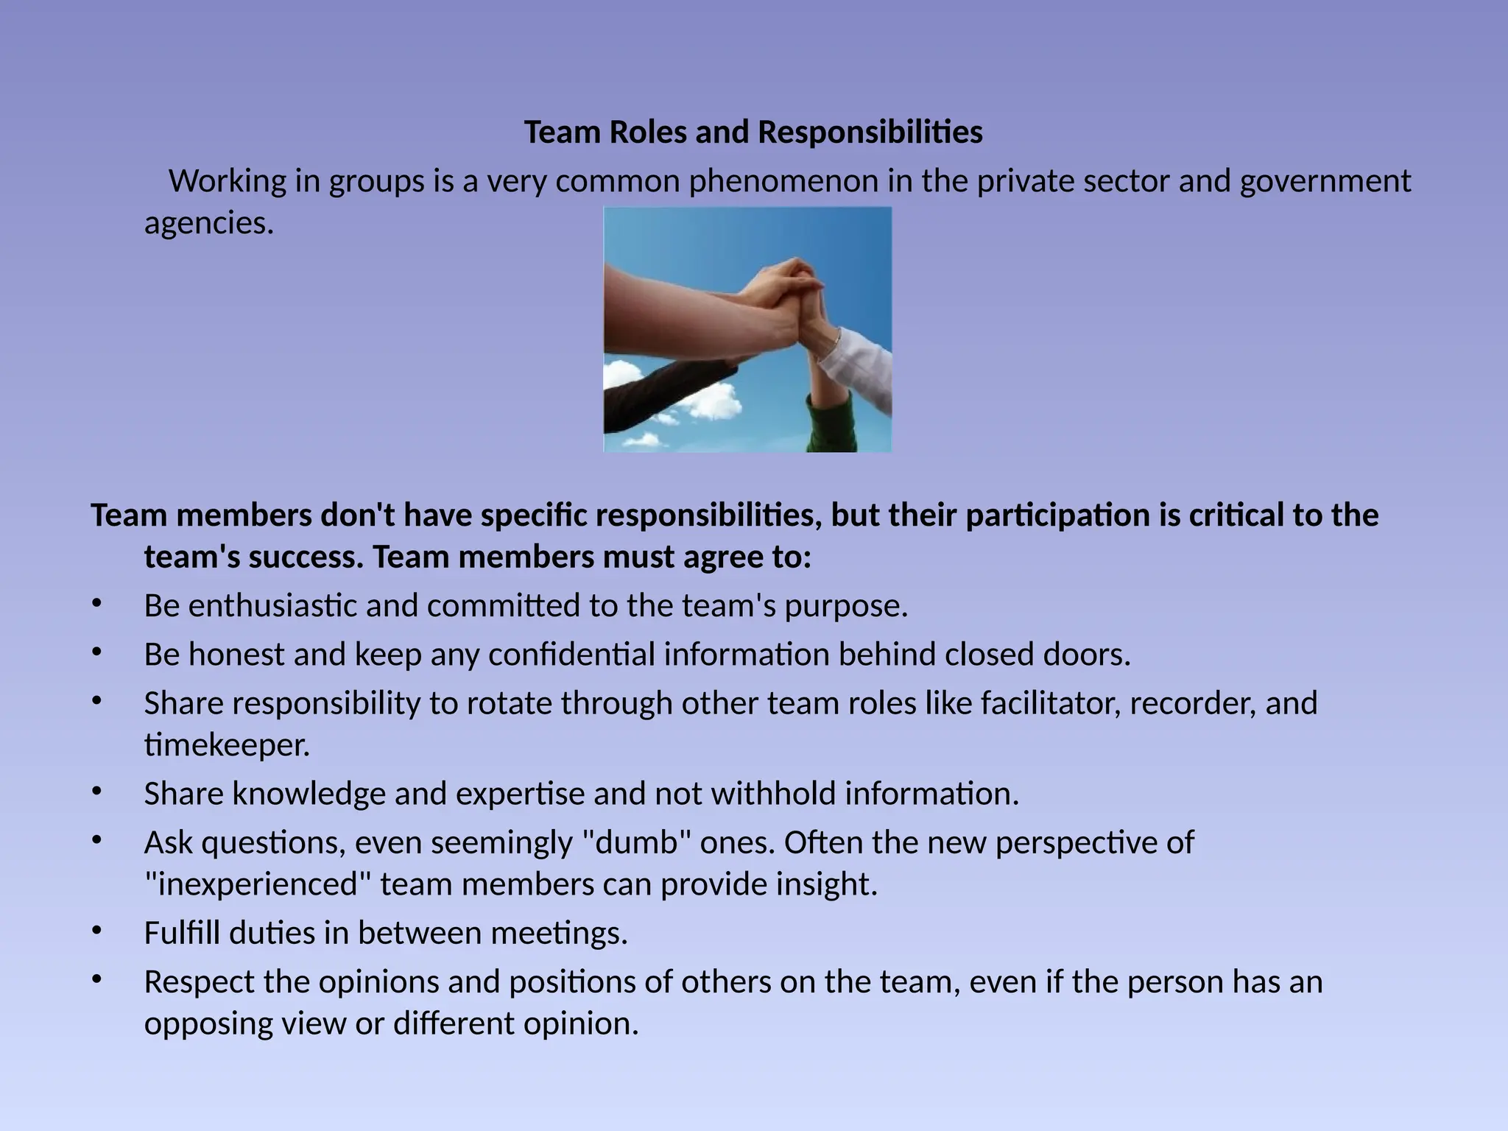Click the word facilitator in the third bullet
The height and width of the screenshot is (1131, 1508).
tap(1050, 704)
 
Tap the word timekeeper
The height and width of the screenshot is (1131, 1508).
tap(227, 745)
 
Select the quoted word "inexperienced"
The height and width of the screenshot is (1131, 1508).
tap(258, 884)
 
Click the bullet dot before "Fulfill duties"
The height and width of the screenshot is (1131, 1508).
tap(96, 931)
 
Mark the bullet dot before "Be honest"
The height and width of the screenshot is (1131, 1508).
tap(96, 652)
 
